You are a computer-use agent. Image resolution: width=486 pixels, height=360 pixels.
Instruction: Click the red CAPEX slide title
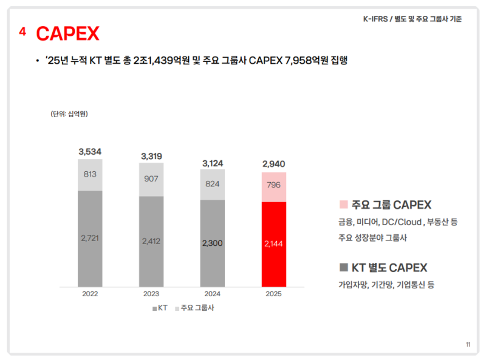point(67,34)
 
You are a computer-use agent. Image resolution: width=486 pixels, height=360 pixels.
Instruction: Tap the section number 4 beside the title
point(22,32)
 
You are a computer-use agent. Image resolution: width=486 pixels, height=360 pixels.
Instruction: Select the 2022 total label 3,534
point(90,151)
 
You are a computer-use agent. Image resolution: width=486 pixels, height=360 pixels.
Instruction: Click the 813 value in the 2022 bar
point(90,174)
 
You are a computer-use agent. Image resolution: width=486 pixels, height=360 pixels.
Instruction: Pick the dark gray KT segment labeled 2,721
point(90,238)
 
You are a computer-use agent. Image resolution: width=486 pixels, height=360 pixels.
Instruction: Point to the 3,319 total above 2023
point(151,156)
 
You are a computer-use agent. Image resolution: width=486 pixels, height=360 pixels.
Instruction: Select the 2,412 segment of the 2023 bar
point(151,241)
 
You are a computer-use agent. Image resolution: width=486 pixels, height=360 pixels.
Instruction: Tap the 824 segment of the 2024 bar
point(213,184)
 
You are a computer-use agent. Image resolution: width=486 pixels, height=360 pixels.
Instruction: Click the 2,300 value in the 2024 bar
point(213,243)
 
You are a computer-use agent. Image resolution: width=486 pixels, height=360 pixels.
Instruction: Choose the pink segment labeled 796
point(274,186)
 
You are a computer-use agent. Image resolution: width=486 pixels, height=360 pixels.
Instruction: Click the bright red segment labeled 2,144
point(274,243)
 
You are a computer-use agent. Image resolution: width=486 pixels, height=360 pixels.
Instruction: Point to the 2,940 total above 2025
point(274,164)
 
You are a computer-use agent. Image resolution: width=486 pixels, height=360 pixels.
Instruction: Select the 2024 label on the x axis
point(213,294)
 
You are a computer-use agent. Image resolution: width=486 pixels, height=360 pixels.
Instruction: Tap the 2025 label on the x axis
point(274,294)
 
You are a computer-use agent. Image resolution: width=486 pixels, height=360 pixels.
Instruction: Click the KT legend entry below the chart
point(160,308)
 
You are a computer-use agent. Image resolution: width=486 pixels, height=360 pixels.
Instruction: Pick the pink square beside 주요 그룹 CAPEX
point(343,205)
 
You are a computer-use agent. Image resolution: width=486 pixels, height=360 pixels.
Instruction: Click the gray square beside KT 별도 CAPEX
point(343,268)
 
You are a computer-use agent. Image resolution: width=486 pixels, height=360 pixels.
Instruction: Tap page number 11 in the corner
point(468,345)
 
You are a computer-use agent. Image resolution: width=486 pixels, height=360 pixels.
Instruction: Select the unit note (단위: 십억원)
point(69,114)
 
